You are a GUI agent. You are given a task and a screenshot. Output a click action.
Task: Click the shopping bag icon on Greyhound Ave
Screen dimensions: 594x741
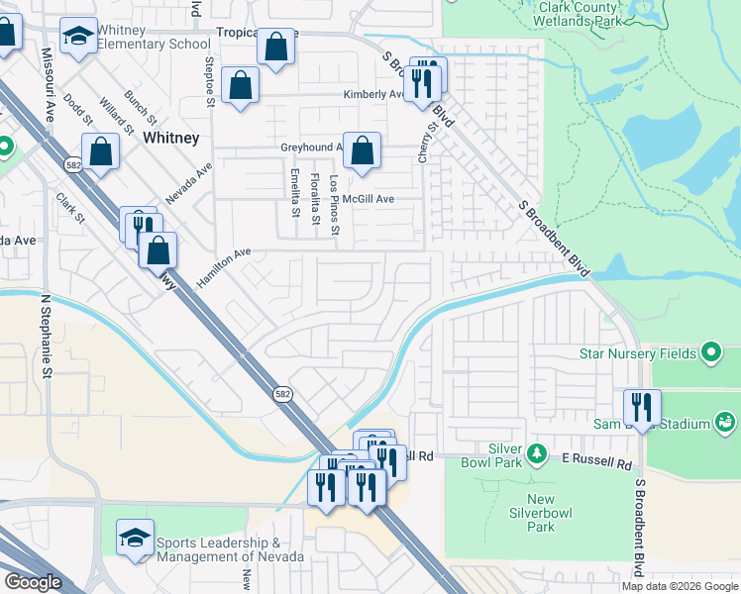[363, 151]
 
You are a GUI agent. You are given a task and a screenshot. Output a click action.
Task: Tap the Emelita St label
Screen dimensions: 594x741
[294, 192]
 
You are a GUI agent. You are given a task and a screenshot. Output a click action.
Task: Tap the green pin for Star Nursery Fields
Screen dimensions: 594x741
[710, 352]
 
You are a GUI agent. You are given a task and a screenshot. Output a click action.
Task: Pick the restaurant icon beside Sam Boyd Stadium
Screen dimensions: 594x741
[642, 408]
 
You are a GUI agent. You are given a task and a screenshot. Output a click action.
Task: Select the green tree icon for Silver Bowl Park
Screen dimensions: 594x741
[536, 453]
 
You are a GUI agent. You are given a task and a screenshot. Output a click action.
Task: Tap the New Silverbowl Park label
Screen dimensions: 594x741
[541, 513]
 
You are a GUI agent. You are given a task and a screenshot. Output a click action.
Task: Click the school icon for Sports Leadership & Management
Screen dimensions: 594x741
[135, 538]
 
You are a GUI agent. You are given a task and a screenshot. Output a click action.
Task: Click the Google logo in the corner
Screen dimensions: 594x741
[34, 581]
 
